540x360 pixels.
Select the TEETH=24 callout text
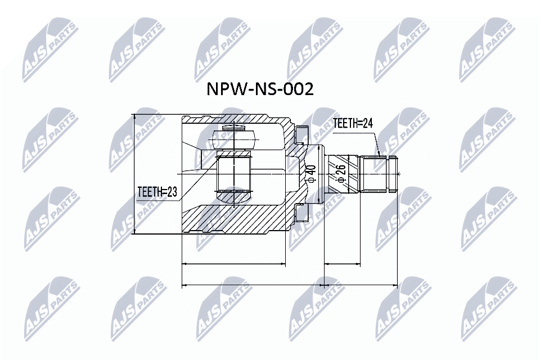point(353,124)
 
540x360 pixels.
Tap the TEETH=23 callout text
point(157,192)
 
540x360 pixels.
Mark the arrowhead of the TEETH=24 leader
point(381,154)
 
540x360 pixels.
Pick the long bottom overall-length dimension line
point(290,285)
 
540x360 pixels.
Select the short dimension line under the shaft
point(342,263)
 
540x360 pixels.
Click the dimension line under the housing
point(234,263)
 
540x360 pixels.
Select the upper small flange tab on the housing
point(301,133)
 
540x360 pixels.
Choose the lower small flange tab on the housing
point(301,213)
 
